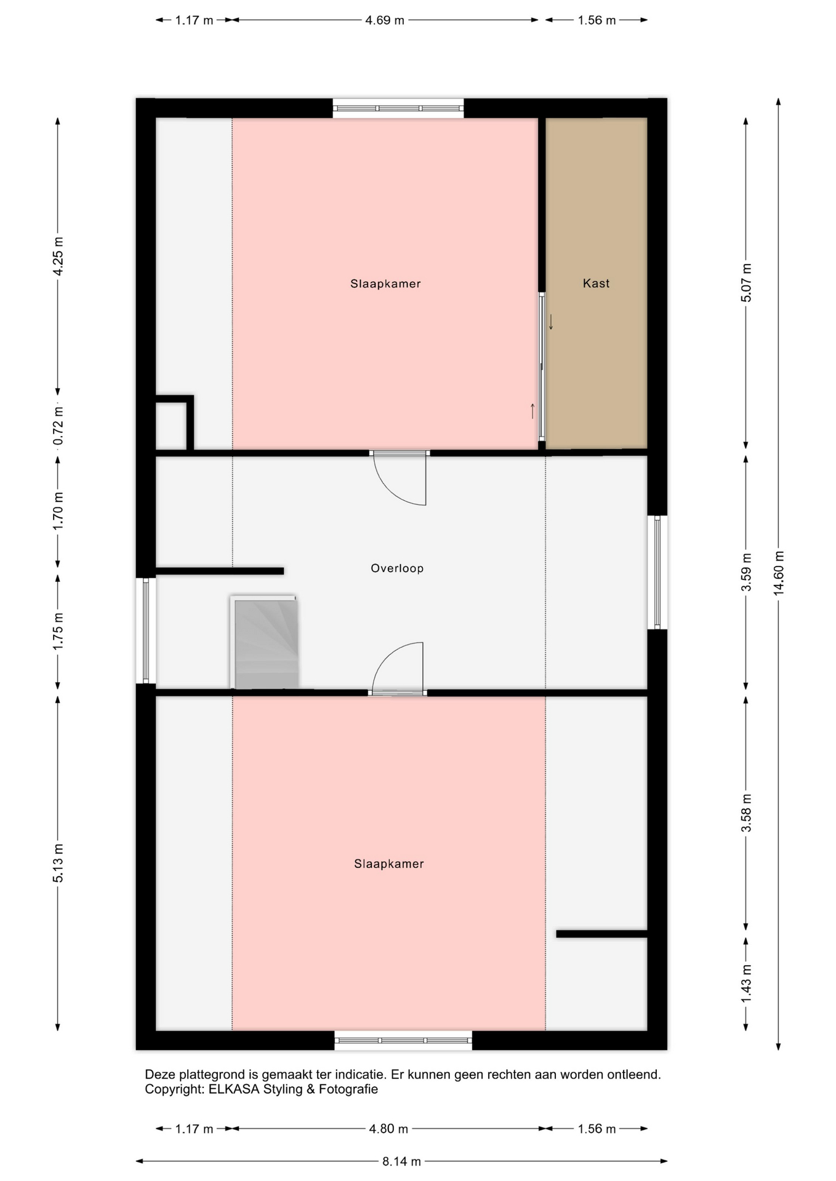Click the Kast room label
(596, 284)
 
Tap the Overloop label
(397, 568)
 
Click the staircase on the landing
(265, 642)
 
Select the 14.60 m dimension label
(779, 573)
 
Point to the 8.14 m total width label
(401, 1161)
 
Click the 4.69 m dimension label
(385, 20)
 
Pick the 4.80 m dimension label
(388, 1129)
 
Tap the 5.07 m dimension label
(746, 282)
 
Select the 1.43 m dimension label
(746, 982)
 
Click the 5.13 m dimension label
(58, 863)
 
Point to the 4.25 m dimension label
(58, 256)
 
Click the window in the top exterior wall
(398, 108)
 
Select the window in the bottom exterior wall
(403, 1040)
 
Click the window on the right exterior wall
(657, 572)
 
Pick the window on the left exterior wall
(146, 630)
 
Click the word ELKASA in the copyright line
(234, 1089)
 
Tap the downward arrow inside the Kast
(551, 322)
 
